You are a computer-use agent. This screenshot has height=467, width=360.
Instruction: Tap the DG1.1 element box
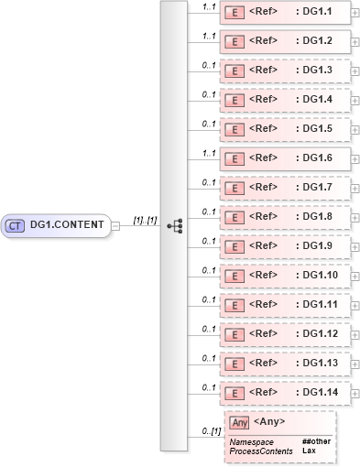point(284,14)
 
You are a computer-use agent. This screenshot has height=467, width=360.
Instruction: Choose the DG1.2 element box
point(284,42)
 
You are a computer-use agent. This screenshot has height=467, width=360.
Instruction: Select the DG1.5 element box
point(284,129)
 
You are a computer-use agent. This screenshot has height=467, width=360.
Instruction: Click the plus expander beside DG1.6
point(355,159)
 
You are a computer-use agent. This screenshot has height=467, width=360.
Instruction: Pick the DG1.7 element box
point(284,188)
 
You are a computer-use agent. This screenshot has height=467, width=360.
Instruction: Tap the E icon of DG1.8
point(234,218)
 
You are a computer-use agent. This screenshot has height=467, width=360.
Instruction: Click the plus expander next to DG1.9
point(355,247)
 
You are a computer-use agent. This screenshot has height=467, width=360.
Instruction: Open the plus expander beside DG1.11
point(355,306)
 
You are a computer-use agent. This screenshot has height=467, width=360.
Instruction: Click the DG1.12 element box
point(284,334)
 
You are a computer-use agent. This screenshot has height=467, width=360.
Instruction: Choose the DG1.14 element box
point(284,393)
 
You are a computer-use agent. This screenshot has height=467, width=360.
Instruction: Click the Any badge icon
point(239,422)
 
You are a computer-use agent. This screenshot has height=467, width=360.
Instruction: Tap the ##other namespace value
point(317,442)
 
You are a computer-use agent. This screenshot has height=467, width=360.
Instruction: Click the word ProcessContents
point(261,451)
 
